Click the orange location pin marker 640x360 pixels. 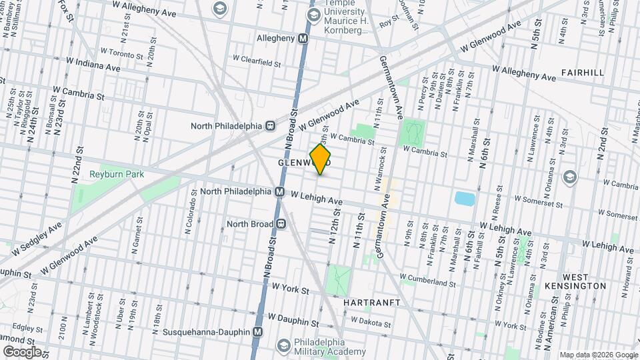point(321,159)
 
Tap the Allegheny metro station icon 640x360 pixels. point(303,39)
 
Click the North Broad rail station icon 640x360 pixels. point(281,224)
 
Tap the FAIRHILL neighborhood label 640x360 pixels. point(583,72)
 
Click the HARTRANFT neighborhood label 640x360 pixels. point(371,303)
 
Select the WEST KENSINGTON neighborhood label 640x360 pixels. point(584,281)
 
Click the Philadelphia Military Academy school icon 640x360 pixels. point(284,345)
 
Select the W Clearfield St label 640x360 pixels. point(257,58)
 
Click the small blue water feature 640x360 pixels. point(463,198)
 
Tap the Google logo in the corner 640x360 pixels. point(22,352)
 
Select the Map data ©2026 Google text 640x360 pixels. point(598,355)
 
